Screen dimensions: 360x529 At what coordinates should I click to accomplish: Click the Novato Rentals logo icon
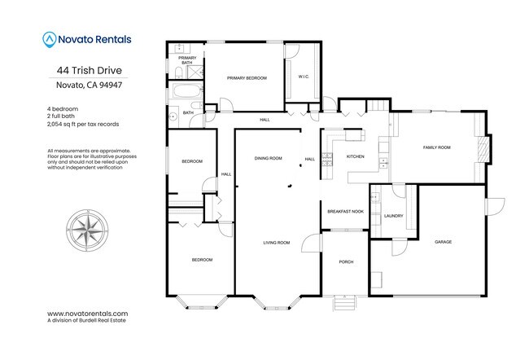[x=50, y=37]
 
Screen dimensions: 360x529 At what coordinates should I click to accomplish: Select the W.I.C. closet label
[x=304, y=78]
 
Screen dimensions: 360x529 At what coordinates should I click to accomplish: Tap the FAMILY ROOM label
[x=437, y=147]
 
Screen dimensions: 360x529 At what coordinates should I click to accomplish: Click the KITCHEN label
[x=356, y=156]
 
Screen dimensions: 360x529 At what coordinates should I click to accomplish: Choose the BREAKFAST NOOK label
[x=344, y=212]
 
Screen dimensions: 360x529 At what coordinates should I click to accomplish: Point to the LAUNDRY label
[x=394, y=216]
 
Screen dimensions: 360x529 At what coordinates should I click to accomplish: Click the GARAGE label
[x=443, y=242]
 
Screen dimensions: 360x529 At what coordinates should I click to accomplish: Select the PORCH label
[x=346, y=261]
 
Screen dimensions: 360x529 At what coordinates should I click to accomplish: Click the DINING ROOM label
[x=268, y=158]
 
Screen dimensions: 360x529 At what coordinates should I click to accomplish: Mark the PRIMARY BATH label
[x=187, y=59]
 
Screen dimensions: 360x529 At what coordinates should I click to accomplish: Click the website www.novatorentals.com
[x=87, y=314]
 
